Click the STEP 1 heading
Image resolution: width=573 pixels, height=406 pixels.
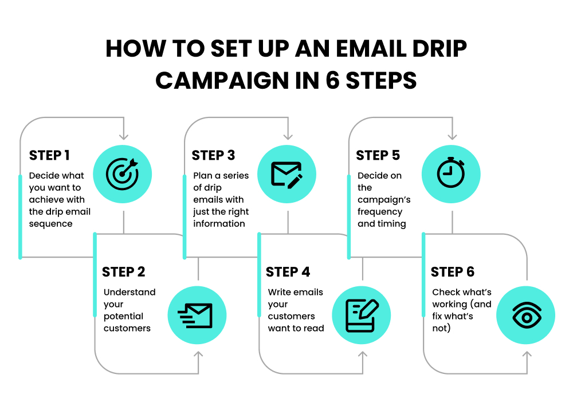tap(49, 155)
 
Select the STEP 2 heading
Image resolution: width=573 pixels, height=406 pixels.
tap(123, 271)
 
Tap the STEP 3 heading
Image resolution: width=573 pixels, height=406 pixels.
tap(213, 155)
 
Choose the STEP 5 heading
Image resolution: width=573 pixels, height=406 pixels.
tap(378, 155)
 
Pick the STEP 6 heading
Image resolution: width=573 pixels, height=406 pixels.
tap(453, 271)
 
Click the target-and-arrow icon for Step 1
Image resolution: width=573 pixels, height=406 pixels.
tap(123, 174)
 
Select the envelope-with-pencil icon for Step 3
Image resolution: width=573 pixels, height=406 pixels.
tap(286, 174)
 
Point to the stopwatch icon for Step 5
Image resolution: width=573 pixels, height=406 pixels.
tap(451, 174)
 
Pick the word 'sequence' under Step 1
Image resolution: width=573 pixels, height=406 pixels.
tap(50, 224)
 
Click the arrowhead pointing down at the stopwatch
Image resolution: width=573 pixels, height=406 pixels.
tap(452, 136)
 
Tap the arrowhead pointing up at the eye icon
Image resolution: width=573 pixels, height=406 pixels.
tap(527, 354)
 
